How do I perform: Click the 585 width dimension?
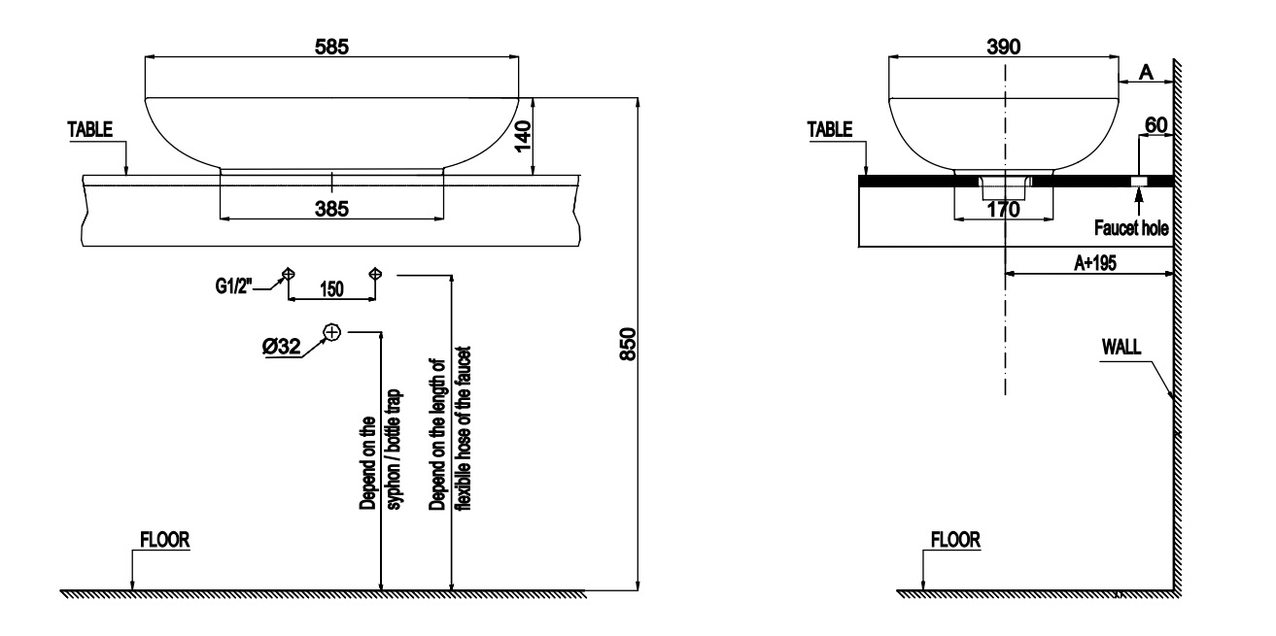[x=331, y=45]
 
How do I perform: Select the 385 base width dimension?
[x=331, y=207]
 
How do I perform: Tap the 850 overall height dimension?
[x=629, y=344]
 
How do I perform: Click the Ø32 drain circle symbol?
[x=331, y=332]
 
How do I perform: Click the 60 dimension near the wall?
[x=1155, y=126]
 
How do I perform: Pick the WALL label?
[x=1122, y=346]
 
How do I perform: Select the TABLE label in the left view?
[x=90, y=128]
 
